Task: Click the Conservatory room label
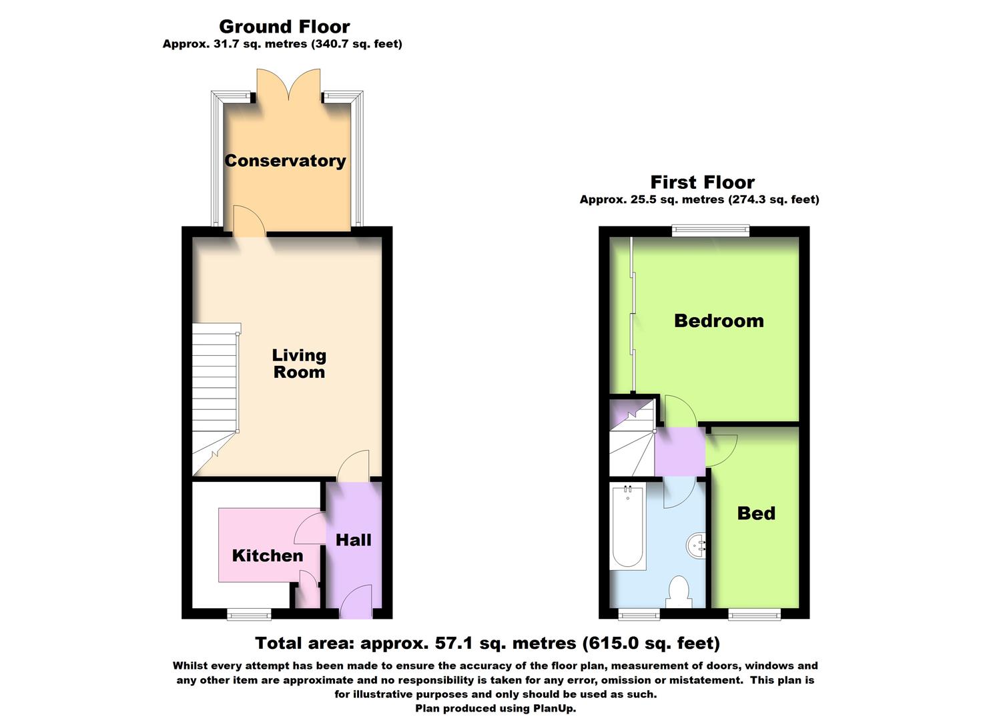[x=285, y=161]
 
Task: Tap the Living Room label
[x=299, y=364]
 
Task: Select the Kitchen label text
[x=267, y=555]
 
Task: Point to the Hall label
[x=353, y=540]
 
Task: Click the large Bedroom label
[x=719, y=321]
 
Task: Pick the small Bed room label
[x=756, y=513]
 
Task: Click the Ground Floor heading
[x=284, y=27]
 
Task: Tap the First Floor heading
[x=702, y=182]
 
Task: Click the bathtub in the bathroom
[x=627, y=527]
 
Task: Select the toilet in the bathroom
[x=679, y=591]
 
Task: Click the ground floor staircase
[x=215, y=394]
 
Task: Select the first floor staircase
[x=631, y=437]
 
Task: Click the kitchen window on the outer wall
[x=249, y=614]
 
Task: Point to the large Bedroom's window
[x=711, y=230]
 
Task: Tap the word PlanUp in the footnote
[x=553, y=708]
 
